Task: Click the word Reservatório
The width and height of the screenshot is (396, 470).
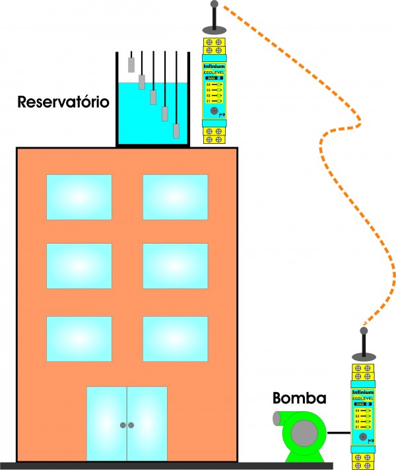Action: (x=63, y=102)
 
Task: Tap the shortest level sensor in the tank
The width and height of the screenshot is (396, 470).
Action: (x=132, y=64)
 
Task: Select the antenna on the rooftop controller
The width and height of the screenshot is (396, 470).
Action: (x=214, y=17)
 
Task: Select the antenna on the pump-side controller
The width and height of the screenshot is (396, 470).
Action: (x=363, y=343)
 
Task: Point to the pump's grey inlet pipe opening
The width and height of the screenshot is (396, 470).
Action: (x=278, y=419)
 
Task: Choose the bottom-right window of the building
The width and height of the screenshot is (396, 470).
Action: (x=175, y=338)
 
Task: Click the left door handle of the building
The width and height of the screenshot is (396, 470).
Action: (x=123, y=425)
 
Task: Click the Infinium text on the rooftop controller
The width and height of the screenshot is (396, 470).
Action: (x=214, y=66)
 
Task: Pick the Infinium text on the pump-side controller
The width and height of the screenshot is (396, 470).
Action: (x=363, y=392)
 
